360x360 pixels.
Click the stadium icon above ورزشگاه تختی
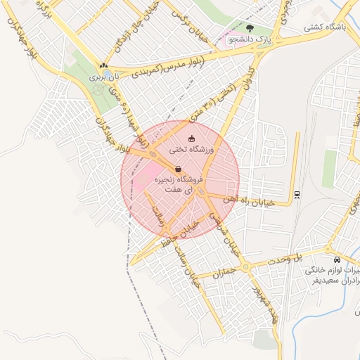(192, 139)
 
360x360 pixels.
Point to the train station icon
(297, 194)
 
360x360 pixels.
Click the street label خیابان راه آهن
(262, 201)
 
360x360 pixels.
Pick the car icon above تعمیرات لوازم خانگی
(337, 259)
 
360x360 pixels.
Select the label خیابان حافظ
(179, 231)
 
